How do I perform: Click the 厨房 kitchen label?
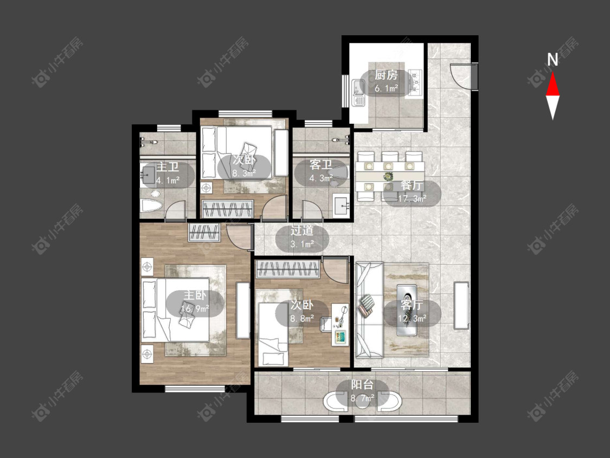(x=386, y=75)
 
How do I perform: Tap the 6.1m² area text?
(x=386, y=88)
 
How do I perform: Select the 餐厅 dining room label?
(x=412, y=186)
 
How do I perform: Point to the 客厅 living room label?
(x=412, y=305)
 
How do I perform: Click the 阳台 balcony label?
(x=362, y=385)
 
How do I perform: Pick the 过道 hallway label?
(x=302, y=231)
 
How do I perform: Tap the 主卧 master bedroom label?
(x=195, y=295)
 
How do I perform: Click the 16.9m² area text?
(x=195, y=309)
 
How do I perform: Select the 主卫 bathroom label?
(x=168, y=167)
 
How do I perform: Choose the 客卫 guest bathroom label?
(x=321, y=165)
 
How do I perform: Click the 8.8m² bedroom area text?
(x=302, y=319)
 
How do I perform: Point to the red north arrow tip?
(x=553, y=72)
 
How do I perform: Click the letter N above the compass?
(x=553, y=60)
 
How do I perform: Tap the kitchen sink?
(x=358, y=93)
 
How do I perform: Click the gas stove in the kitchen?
(x=415, y=82)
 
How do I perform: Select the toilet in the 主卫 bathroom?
(x=150, y=206)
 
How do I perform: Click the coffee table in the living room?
(x=407, y=310)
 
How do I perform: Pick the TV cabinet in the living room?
(x=461, y=305)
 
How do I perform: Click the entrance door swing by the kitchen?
(x=463, y=77)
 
